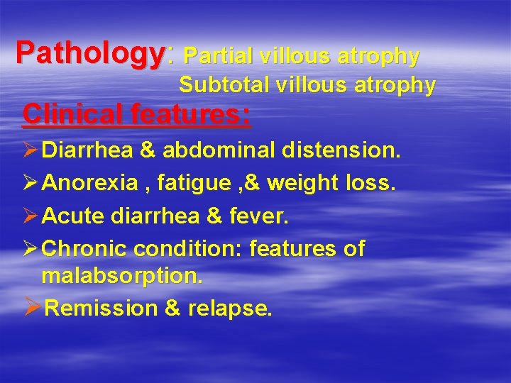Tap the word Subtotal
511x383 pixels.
[221, 85]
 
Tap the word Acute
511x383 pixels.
[73, 216]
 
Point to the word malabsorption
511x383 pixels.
[122, 277]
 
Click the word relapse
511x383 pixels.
[229, 309]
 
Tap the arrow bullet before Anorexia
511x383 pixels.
[31, 184]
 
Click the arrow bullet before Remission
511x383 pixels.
[32, 308]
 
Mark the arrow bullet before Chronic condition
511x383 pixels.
[31, 249]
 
